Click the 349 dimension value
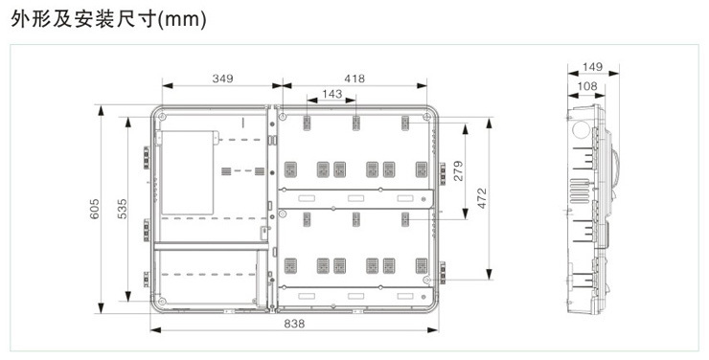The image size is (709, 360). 222,79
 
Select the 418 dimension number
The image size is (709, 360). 354,79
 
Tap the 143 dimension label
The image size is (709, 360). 332,94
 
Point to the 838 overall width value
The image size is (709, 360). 294,324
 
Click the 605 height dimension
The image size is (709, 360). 94,209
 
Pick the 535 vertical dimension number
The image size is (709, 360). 122,209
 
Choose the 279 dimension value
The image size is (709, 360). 458,170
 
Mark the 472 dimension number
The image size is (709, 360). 482,198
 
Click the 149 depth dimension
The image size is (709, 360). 592,67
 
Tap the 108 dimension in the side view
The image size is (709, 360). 587,86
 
